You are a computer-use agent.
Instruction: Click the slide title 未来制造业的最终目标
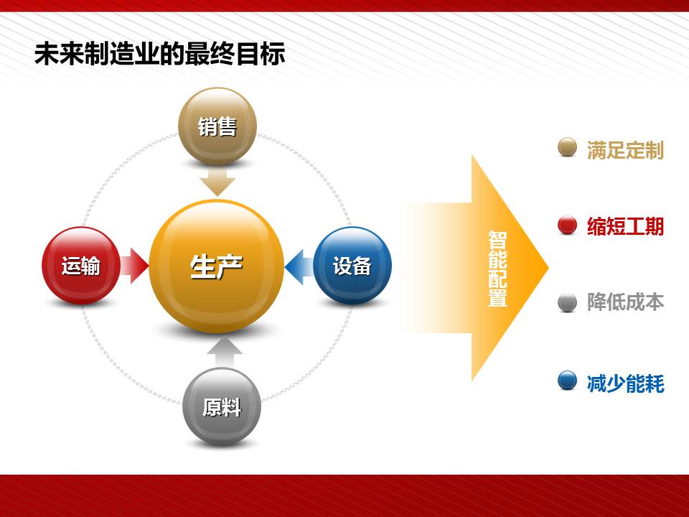(160, 54)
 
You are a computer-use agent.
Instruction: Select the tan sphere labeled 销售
(217, 126)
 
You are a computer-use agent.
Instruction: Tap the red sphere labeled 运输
(81, 266)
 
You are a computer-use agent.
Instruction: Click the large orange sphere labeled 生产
(217, 266)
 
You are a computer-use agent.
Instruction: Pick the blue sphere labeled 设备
(352, 266)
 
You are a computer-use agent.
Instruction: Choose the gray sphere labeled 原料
(222, 406)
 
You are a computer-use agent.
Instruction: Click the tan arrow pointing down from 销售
(217, 181)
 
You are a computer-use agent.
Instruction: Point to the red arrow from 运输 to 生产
(135, 266)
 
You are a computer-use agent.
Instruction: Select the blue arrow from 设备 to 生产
(299, 267)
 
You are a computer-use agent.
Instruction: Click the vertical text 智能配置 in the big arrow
(497, 268)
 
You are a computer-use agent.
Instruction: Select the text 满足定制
(625, 150)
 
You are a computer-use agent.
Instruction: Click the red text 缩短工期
(625, 226)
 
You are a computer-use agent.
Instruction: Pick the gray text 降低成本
(625, 302)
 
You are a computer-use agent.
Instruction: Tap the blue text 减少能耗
(625, 383)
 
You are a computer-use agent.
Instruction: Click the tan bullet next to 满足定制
(567, 147)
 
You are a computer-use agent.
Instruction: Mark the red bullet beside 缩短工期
(567, 225)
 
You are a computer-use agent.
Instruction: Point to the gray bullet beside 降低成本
(567, 302)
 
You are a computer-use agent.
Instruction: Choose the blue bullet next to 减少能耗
(567, 381)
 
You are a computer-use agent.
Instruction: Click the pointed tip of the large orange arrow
(548, 267)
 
